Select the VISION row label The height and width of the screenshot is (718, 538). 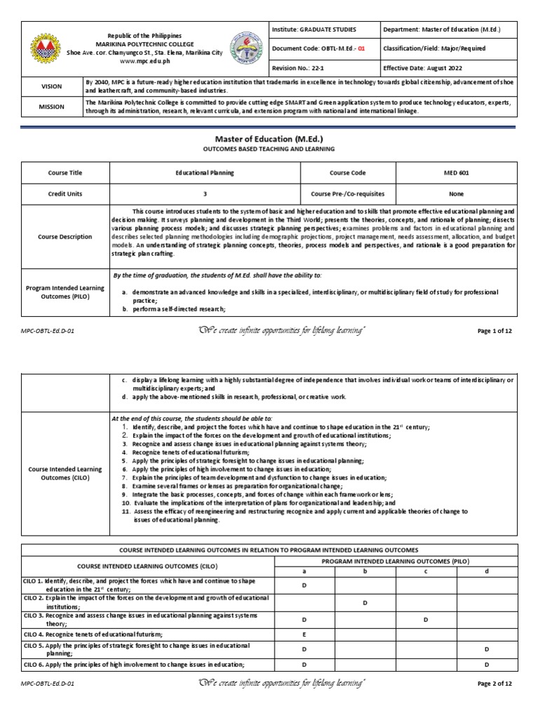tap(53, 87)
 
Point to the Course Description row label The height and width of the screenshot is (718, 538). tap(65, 237)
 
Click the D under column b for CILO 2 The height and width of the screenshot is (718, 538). tap(365, 602)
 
